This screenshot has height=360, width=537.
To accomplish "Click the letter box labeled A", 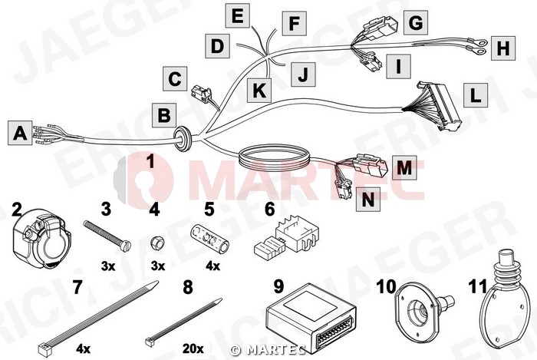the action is (20, 133).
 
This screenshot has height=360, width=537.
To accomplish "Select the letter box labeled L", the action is (476, 94).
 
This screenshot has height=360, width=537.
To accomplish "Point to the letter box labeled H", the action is (502, 48).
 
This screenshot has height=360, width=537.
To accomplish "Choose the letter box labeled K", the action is (259, 91).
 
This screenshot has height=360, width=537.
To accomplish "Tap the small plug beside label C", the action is (200, 92).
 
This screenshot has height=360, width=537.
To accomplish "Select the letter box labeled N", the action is (368, 200).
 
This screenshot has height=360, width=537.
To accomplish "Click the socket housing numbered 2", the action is (41, 236).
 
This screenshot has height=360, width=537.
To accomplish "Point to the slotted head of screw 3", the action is (126, 246).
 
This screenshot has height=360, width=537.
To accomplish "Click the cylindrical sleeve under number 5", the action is (209, 238).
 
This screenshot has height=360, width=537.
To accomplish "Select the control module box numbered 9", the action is (311, 318).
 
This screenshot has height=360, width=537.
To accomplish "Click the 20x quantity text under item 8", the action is (193, 348).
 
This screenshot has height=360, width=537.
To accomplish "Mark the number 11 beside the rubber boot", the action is (477, 287).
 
